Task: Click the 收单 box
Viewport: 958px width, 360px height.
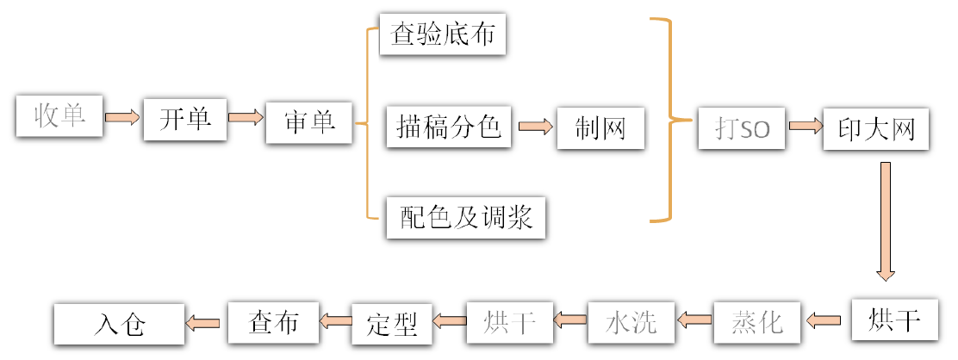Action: coord(59,116)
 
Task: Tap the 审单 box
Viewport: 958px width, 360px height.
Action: coord(308,122)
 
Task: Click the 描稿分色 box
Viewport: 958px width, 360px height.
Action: coord(449,127)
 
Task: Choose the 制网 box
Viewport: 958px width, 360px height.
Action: coord(600,128)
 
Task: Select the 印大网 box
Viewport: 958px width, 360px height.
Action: coord(875,130)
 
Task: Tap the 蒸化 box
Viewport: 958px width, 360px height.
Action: coord(756,322)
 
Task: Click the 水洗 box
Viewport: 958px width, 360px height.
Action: coord(631,322)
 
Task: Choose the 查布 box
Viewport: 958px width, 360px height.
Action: coord(273,322)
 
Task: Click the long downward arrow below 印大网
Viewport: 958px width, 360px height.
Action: coord(885,221)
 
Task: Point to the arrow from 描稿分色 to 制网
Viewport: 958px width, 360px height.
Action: coord(534,127)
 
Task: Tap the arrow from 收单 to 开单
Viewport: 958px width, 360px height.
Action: coord(122,117)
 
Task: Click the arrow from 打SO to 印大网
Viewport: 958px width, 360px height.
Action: coord(805,127)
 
